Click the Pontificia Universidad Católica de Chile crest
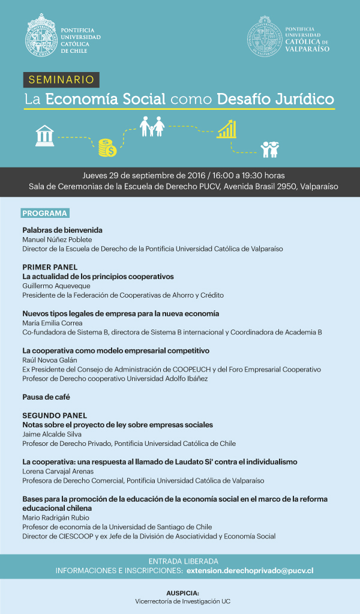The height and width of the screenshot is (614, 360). coord(41,34)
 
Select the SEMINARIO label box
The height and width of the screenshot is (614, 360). coord(61,79)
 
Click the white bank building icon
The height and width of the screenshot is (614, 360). coord(44,136)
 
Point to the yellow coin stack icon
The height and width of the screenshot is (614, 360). coord(107,147)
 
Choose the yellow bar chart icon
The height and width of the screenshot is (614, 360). coord(226,128)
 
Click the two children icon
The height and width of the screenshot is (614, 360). coord(269,149)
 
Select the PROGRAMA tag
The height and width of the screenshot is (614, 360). coord(45,213)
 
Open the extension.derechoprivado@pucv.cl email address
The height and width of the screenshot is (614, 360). coord(250,571)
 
